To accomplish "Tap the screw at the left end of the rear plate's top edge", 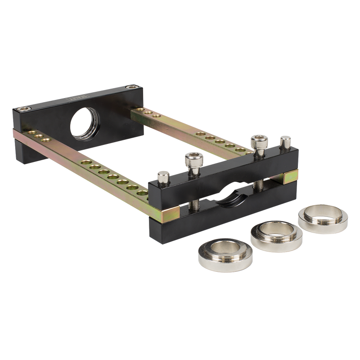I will click(x=22, y=109).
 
